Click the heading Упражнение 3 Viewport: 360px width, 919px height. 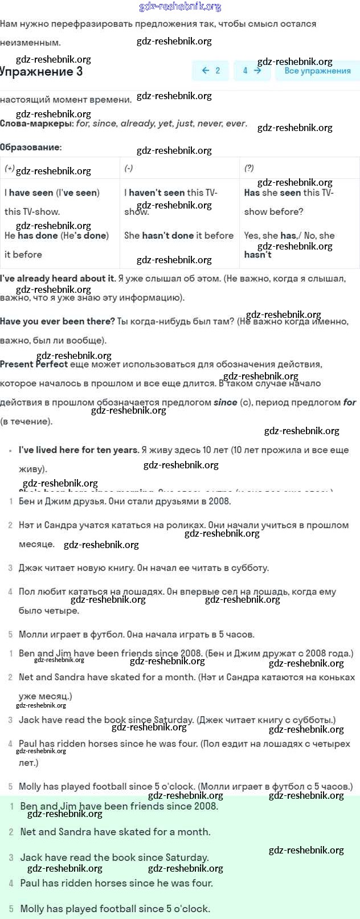[x=41, y=72]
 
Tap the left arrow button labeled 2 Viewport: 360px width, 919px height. [x=211, y=71]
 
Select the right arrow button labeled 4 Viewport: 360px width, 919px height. [x=252, y=71]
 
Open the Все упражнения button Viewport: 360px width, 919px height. [x=317, y=71]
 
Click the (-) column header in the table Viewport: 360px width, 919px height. [x=129, y=168]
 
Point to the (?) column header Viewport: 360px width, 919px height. [x=249, y=168]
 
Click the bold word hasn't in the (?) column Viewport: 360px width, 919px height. [x=257, y=255]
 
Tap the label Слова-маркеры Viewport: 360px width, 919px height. [x=36, y=124]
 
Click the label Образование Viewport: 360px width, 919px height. [x=30, y=147]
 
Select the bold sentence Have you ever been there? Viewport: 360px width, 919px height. [x=58, y=321]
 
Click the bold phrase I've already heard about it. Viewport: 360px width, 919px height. [x=58, y=279]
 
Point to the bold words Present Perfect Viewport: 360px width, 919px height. [x=34, y=365]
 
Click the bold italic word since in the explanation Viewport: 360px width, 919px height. [x=225, y=402]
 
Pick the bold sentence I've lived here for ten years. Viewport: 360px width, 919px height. [x=79, y=450]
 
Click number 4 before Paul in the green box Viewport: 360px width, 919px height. [x=11, y=883]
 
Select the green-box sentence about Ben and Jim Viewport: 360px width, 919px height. [x=119, y=806]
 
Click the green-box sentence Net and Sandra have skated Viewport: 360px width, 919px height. [x=115, y=832]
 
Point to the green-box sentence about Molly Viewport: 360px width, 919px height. [x=115, y=909]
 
